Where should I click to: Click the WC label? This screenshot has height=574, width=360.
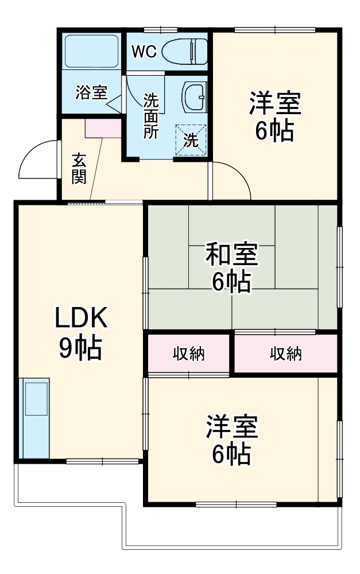click(144, 52)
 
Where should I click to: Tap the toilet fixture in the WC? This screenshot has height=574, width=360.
click(184, 52)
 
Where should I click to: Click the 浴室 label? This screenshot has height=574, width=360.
click(91, 92)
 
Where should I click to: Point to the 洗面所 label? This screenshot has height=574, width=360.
click(151, 115)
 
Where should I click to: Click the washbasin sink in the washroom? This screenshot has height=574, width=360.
click(193, 98)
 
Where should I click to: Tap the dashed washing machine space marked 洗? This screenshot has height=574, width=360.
click(190, 139)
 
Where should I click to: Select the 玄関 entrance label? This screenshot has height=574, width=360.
click(79, 169)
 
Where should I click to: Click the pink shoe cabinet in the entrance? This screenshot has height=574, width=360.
click(103, 129)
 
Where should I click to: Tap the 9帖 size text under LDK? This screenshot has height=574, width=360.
click(80, 347)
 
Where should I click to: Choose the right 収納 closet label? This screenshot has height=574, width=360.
click(286, 354)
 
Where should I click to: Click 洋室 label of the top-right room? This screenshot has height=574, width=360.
click(274, 105)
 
